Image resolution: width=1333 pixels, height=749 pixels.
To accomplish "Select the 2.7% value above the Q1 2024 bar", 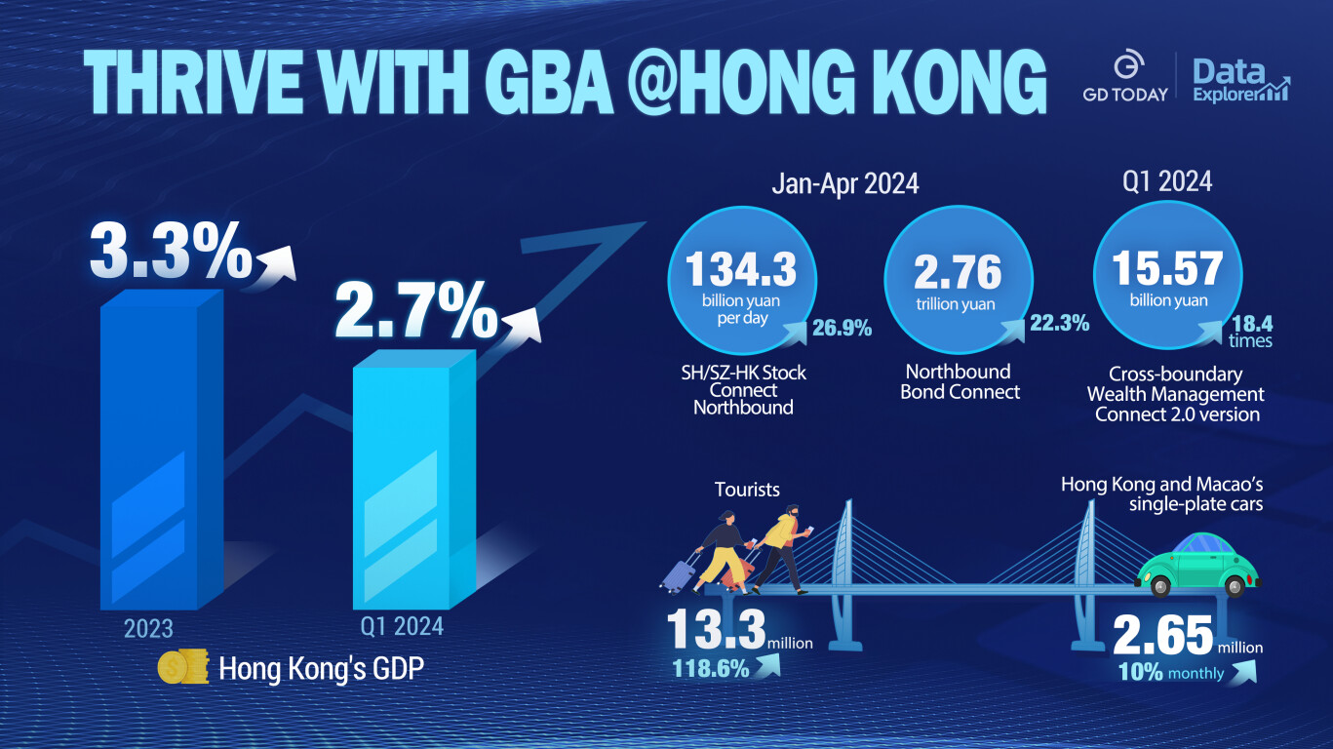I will (417, 310).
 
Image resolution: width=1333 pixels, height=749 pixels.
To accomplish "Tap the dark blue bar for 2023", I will (161, 449).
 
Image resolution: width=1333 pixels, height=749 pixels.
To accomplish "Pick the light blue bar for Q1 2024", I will (413, 478).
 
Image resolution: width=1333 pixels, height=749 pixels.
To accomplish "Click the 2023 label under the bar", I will (148, 627).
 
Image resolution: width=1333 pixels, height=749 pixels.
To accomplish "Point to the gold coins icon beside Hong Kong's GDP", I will (183, 668).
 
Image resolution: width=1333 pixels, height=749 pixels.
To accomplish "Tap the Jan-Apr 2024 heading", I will (844, 183).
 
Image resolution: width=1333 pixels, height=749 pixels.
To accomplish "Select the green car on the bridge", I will (1195, 565).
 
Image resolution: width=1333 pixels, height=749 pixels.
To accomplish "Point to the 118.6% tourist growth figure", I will (711, 669).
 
